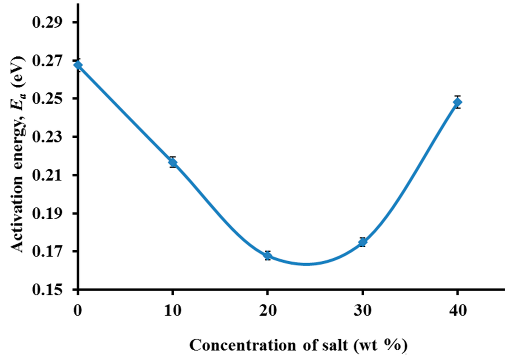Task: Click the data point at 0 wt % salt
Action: coord(78,65)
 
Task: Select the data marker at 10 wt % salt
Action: coord(172,162)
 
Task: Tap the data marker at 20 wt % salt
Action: coord(267,255)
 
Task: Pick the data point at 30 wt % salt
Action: coord(362,242)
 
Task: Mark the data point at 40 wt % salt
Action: coord(457,102)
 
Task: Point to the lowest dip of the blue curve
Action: coord(306,264)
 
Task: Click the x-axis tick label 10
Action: coord(172,311)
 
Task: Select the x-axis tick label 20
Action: coord(267,311)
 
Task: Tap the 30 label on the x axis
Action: coord(362,311)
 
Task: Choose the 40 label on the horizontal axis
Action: coord(457,311)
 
